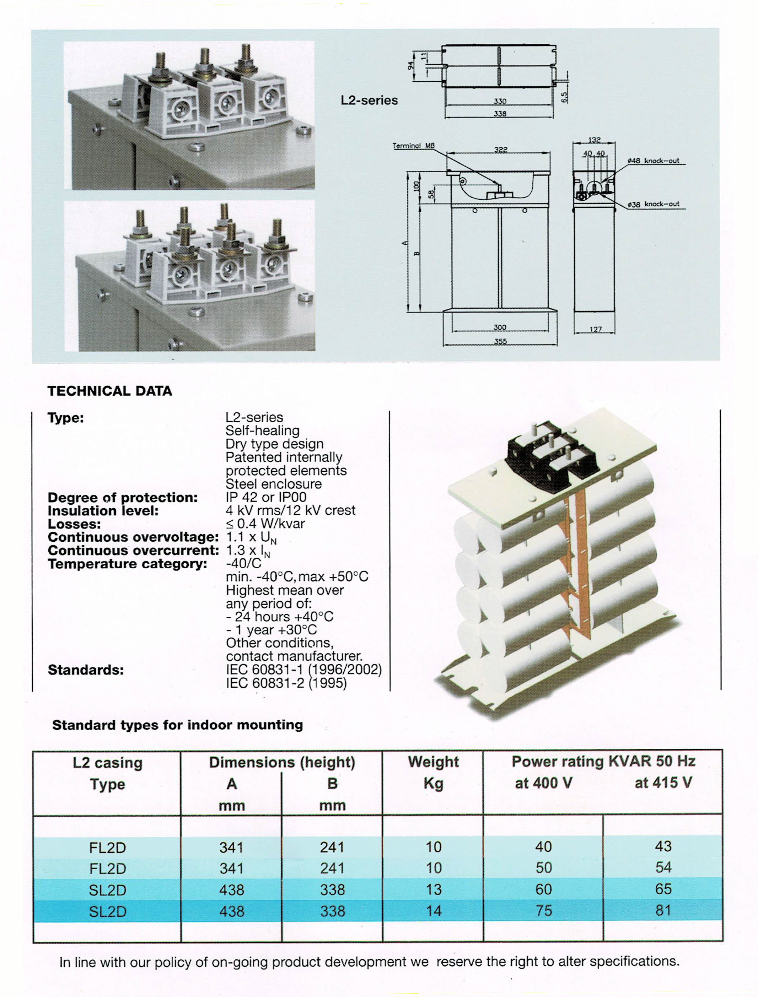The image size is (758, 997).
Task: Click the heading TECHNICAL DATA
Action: coord(110,391)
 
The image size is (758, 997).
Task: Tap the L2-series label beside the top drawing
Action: coord(369,100)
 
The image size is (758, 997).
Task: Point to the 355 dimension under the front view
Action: coord(500,341)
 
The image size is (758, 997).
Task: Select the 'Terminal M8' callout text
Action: coord(413,146)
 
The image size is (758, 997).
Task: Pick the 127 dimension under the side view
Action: coord(595,330)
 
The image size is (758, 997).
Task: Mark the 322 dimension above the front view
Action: coord(500,150)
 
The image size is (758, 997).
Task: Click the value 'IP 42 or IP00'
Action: coord(266,497)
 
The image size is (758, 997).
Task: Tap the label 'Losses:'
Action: coord(74,524)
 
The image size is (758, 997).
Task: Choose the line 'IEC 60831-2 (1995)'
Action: coord(286,683)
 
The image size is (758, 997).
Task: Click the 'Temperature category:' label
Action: coord(127,564)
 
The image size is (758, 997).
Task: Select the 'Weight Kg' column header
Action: coord(433,773)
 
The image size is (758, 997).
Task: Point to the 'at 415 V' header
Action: coord(663,783)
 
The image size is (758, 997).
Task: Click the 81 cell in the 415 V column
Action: coord(663,910)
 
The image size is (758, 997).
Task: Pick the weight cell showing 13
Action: coord(433,889)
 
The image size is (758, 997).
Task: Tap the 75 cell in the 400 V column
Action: coord(543,910)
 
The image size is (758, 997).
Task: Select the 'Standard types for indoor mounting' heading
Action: coord(177,725)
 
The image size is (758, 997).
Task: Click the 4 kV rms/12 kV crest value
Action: coord(290,510)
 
